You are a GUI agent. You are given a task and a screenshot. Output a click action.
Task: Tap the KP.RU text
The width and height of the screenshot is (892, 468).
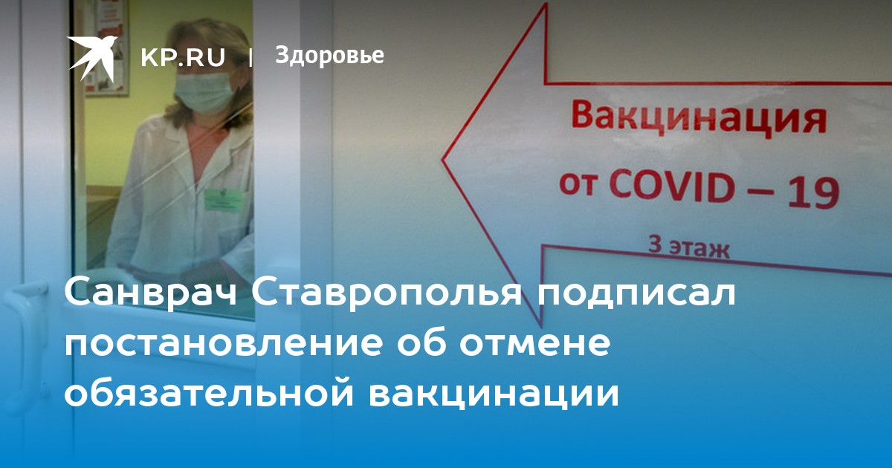pyautogui.click(x=183, y=57)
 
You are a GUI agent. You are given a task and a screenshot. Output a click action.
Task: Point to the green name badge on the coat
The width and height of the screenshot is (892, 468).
pyautogui.click(x=224, y=200)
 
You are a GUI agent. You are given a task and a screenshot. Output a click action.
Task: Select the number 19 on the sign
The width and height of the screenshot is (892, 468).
pyautogui.click(x=813, y=194)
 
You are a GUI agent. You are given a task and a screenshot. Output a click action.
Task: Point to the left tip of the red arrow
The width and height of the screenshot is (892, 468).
pyautogui.click(x=442, y=160)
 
